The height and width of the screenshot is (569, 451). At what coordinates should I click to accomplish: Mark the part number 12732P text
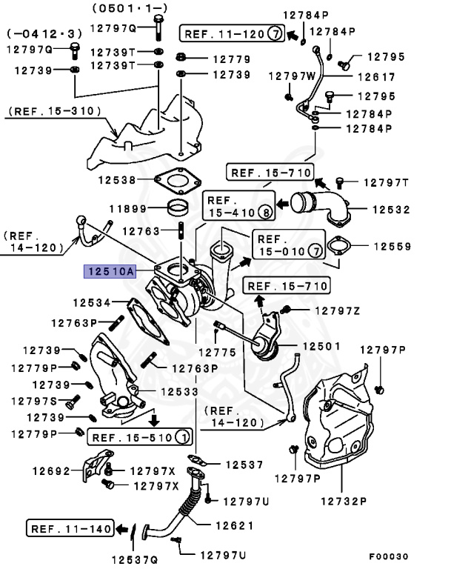[343, 501]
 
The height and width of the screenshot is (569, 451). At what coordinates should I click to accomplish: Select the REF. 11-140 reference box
[70, 529]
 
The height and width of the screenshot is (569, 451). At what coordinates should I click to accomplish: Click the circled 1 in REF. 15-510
[181, 437]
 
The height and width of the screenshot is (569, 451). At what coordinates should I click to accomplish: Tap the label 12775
[219, 352]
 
